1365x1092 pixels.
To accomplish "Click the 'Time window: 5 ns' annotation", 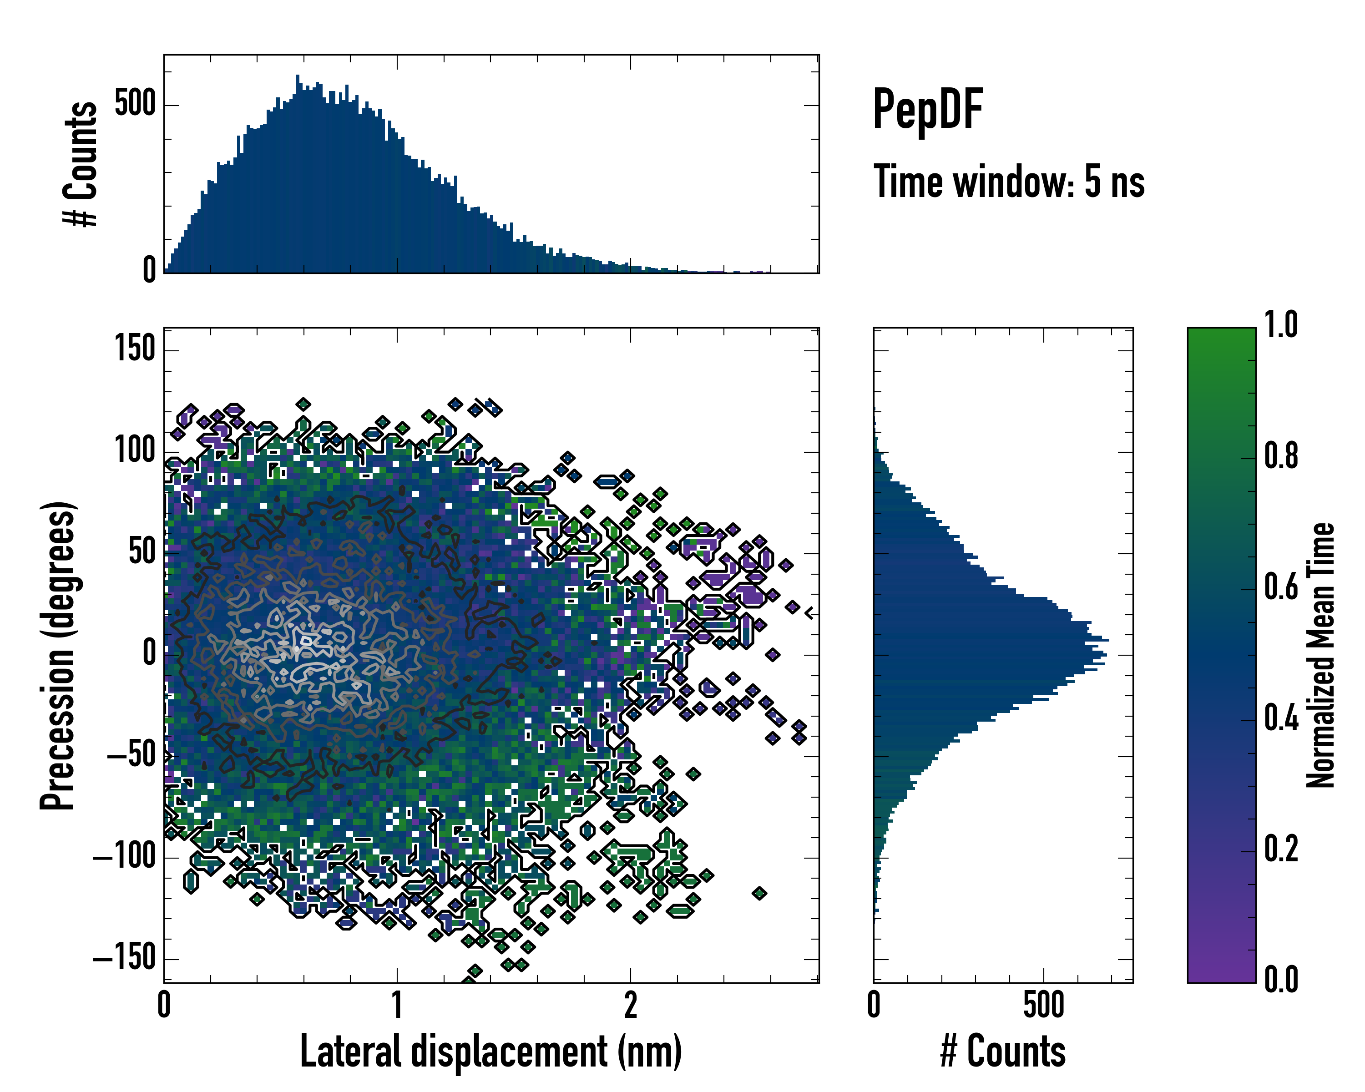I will (1009, 182).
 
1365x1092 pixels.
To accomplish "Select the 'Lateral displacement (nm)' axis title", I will (490, 1052).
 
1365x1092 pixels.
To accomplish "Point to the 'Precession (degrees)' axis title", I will (58, 655).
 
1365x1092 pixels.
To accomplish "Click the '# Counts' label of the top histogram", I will (81, 163).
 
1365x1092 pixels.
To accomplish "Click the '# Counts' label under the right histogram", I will (1003, 1052).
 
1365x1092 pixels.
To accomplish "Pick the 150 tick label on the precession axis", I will (135, 349).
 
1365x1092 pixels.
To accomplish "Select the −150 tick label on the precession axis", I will (124, 958).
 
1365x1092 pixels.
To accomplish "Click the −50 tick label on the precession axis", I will (131, 755).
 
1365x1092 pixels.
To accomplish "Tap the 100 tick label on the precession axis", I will (135, 451).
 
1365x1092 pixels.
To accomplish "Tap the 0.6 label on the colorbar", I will (1280, 587).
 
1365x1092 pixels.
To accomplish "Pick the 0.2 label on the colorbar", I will (1280, 849).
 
